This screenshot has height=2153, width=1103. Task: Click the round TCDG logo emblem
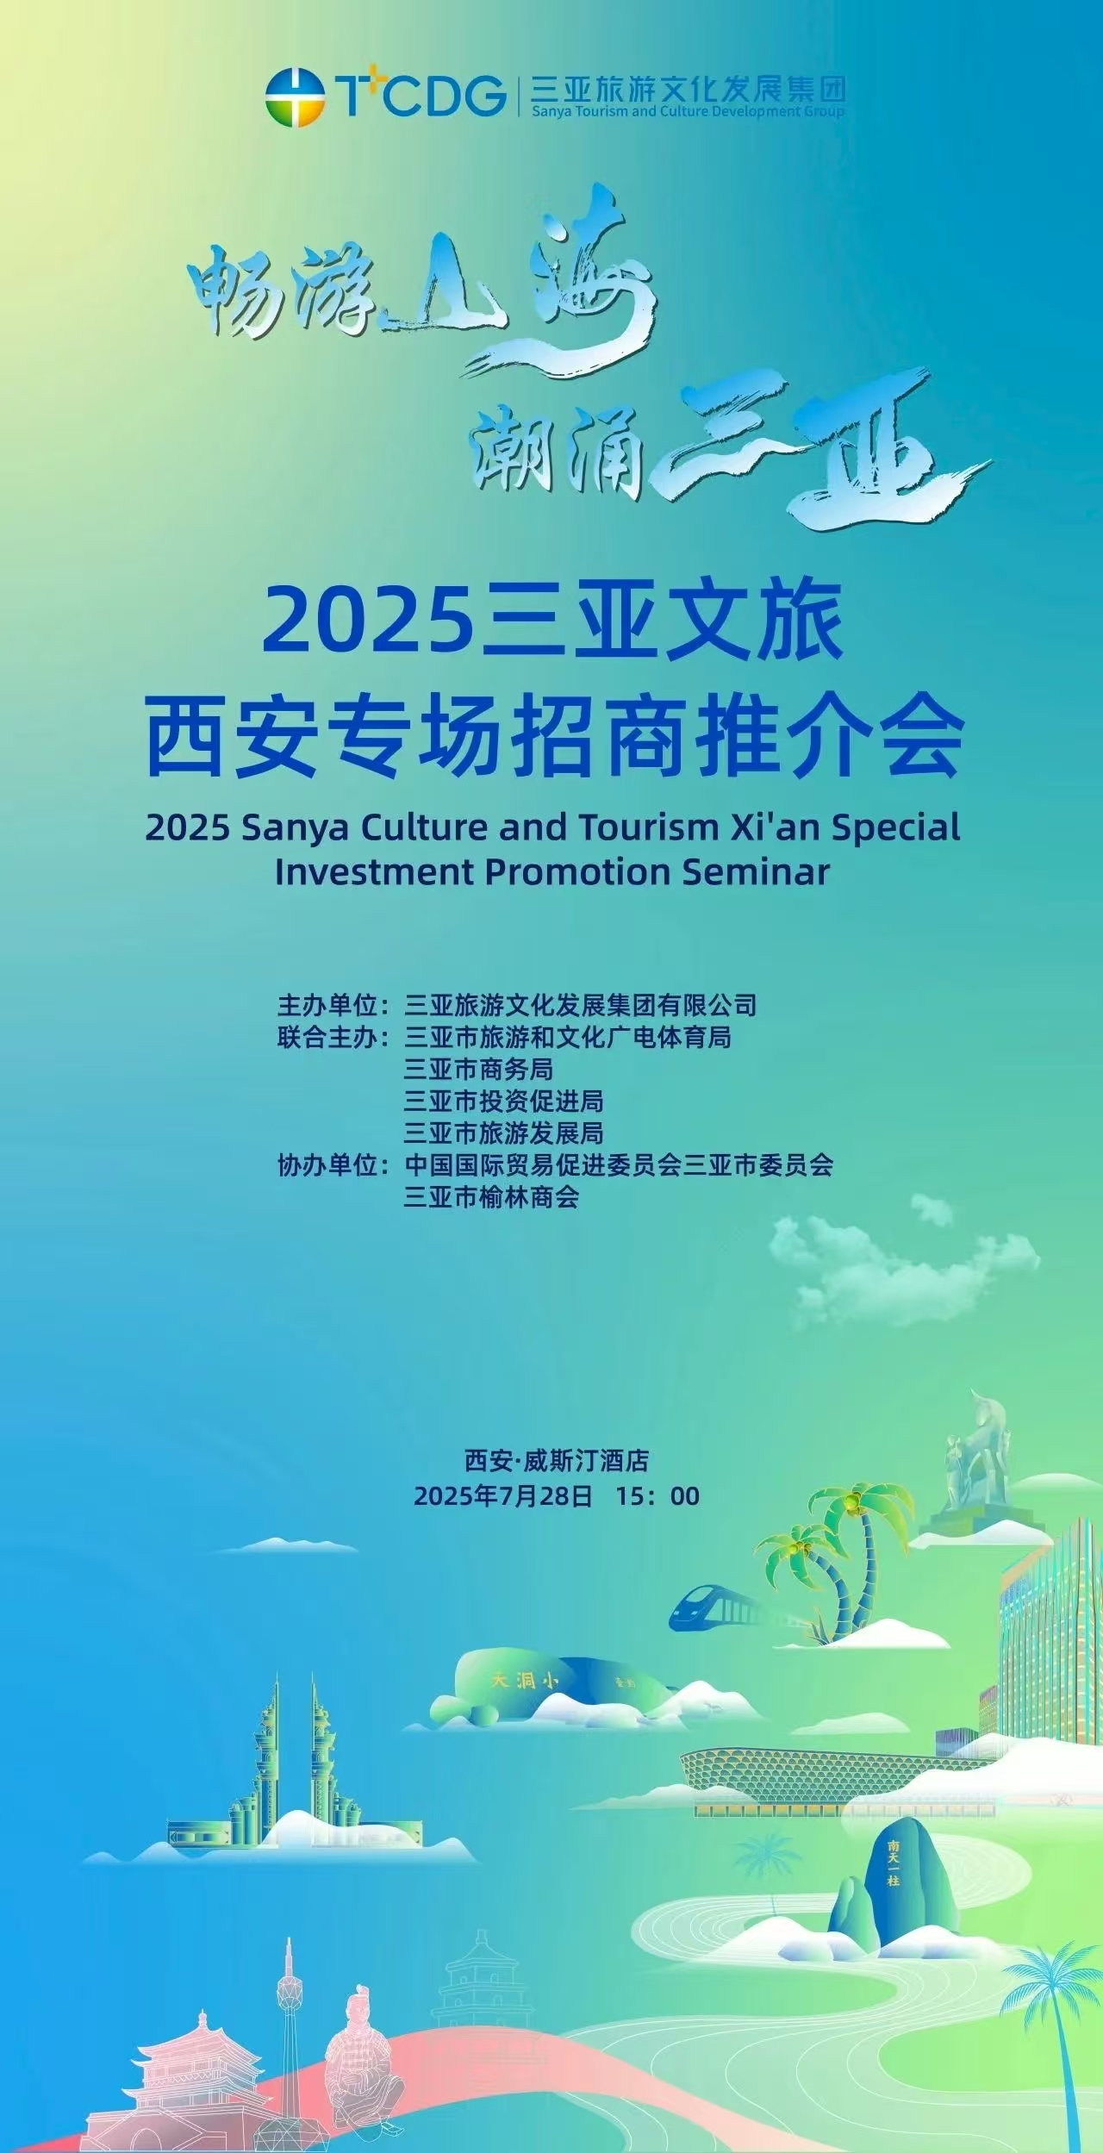tap(295, 96)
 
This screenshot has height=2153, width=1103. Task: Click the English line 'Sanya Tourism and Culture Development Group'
tap(688, 111)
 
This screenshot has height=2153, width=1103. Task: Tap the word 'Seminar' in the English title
tap(756, 871)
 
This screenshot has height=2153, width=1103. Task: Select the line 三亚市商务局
tap(479, 1070)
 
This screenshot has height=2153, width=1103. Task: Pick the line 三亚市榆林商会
tap(492, 1197)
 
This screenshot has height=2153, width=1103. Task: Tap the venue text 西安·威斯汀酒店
tap(557, 1460)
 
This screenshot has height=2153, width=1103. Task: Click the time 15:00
tap(658, 1496)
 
